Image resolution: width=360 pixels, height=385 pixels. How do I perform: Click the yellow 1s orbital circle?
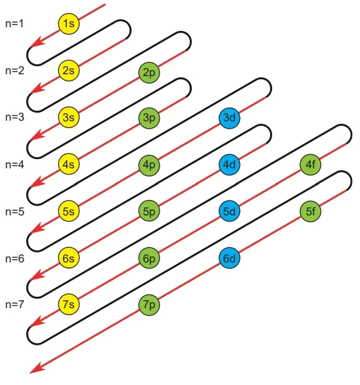[69, 24]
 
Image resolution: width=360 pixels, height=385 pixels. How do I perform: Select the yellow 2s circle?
[69, 71]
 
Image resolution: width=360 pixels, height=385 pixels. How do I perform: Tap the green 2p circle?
[149, 72]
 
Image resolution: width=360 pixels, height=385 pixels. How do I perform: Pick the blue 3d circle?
[229, 118]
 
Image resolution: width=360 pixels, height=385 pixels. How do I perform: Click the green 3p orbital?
[149, 118]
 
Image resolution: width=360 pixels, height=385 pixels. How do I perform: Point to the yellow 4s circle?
[69, 164]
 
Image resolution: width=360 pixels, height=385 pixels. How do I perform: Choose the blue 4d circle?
[229, 165]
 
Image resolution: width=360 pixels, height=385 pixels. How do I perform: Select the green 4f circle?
[311, 165]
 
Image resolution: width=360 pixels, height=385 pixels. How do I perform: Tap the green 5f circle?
[311, 212]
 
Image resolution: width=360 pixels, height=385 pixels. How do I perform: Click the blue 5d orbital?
[229, 212]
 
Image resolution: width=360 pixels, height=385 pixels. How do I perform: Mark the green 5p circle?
[149, 211]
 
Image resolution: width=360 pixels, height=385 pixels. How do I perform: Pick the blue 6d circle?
[229, 258]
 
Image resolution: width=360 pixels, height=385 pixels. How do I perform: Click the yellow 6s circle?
[69, 258]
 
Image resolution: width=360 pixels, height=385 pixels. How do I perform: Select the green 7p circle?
[149, 305]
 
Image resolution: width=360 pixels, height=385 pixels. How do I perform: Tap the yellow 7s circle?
[69, 304]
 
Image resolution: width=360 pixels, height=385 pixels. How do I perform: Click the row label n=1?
[14, 24]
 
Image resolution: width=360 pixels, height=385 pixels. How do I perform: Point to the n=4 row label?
[15, 165]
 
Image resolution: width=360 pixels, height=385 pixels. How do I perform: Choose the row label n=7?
[14, 305]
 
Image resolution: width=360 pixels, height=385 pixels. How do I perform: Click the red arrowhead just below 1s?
[37, 42]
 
